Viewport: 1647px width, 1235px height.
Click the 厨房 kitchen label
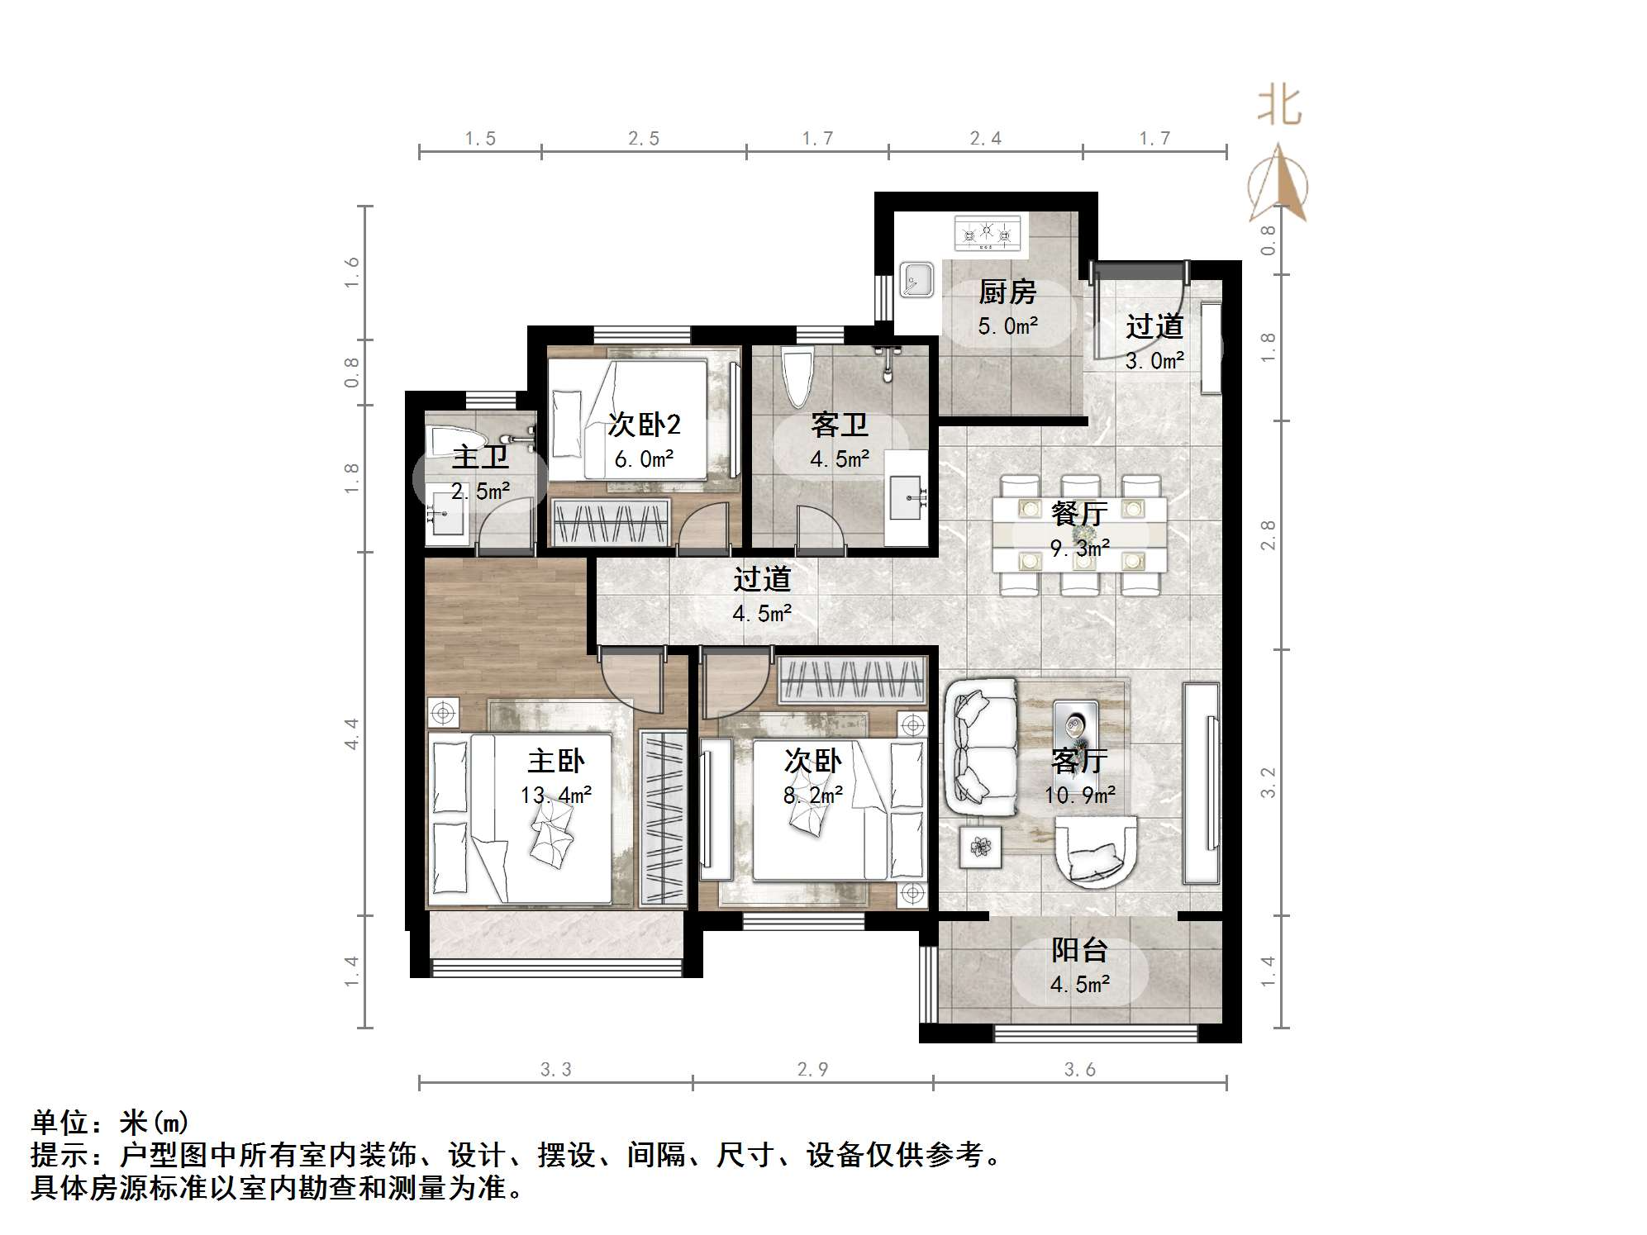click(1007, 292)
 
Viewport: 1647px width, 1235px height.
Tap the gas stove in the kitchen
click(987, 233)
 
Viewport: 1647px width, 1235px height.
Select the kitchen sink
click(916, 279)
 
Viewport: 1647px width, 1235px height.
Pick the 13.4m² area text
click(555, 796)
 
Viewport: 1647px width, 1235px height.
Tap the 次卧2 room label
click(644, 425)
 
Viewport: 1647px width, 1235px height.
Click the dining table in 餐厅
click(1079, 534)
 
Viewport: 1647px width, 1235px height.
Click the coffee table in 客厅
click(1075, 731)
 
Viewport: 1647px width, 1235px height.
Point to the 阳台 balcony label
click(1079, 951)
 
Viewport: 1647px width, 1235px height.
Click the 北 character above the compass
click(1279, 107)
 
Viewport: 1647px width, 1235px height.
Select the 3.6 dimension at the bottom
click(1079, 1070)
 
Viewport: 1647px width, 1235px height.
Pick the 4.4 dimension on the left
click(352, 734)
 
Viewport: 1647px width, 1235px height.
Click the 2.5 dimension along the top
click(644, 139)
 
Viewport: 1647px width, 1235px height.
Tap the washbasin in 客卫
click(907, 497)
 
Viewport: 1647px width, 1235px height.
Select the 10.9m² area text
click(1080, 796)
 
